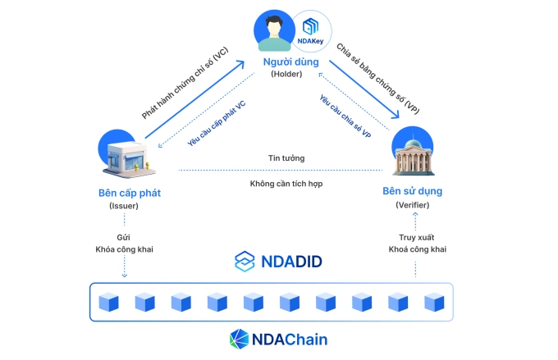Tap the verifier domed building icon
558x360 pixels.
coord(415,151)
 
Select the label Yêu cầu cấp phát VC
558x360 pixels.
coord(216,124)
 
